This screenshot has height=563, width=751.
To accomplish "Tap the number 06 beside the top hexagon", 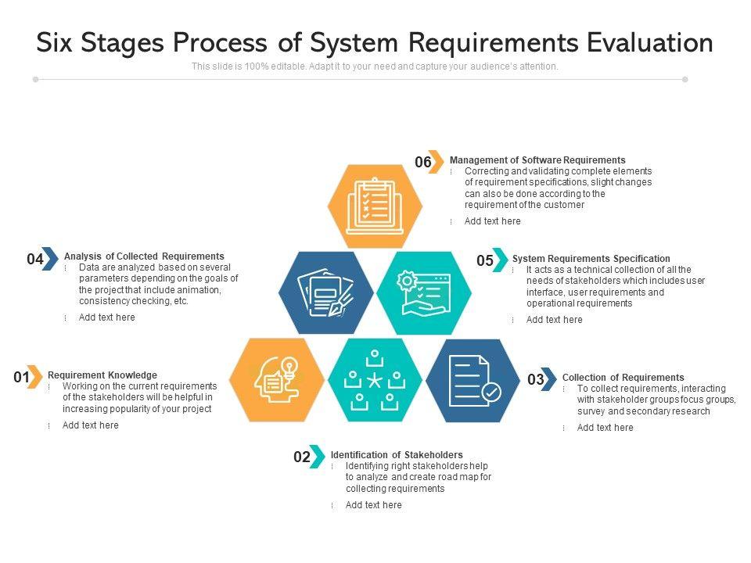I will (x=423, y=163).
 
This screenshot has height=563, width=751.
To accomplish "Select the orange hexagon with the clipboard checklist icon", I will (x=374, y=206).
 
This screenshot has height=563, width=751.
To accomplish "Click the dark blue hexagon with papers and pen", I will (x=325, y=292).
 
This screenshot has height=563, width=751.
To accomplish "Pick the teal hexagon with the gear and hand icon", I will (x=423, y=292).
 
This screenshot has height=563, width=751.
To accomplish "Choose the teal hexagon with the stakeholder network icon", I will (x=375, y=380).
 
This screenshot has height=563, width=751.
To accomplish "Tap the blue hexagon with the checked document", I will (x=473, y=380).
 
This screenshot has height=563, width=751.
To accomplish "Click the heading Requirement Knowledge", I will (x=102, y=375).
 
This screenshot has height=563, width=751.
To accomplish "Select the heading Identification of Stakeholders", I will (x=397, y=455).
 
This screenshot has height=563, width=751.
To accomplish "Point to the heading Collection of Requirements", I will (x=623, y=378).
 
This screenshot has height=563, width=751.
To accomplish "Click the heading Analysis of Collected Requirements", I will (x=144, y=256).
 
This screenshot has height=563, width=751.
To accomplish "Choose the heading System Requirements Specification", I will (x=591, y=259).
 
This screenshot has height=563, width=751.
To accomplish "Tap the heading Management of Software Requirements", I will (x=537, y=160).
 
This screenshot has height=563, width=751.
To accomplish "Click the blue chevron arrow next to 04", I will (x=50, y=259).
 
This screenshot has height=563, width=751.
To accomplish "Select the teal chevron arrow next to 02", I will (x=317, y=457).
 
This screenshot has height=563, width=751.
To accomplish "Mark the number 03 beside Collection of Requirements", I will (x=536, y=380).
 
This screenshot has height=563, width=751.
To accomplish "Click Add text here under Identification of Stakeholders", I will (x=373, y=505).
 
